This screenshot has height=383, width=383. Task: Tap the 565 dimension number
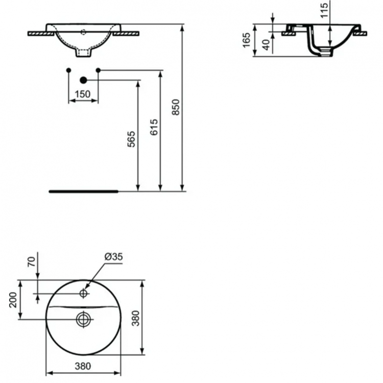click(x=131, y=139)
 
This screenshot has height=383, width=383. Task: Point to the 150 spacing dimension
click(x=83, y=94)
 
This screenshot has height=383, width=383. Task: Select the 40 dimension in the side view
click(x=265, y=44)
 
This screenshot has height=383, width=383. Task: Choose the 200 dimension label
click(x=13, y=300)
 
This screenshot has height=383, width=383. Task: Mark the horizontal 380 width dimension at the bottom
click(x=83, y=366)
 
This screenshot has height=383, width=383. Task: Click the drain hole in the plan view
click(x=83, y=319)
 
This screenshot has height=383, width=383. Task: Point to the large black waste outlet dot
click(x=84, y=80)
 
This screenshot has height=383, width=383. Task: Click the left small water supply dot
click(x=69, y=69)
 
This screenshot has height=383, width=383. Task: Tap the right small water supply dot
click(x=98, y=69)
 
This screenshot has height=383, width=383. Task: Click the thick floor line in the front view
click(x=84, y=192)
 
